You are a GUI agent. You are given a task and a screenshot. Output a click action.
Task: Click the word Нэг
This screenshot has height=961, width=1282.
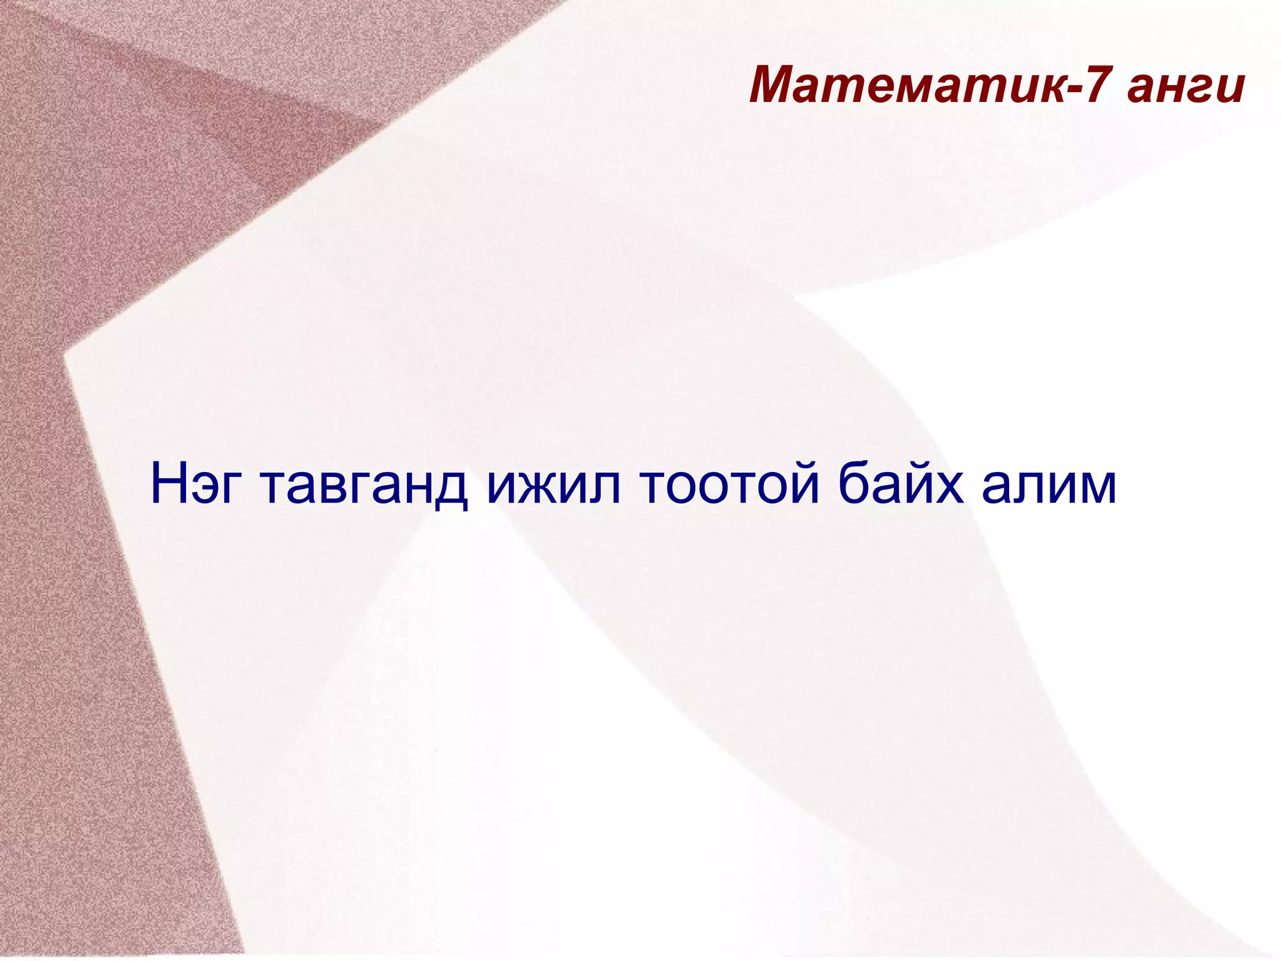[x=194, y=485]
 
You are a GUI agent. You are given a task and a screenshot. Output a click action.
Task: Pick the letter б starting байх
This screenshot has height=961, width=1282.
[x=855, y=481]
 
